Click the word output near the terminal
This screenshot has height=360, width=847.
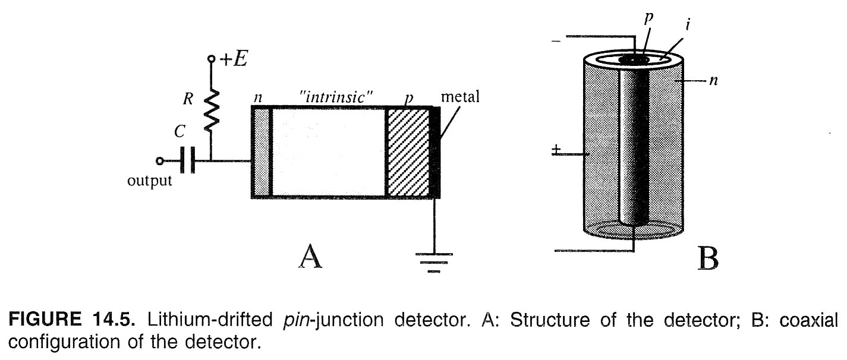coord(150,181)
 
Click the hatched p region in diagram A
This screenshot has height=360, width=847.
coord(408,152)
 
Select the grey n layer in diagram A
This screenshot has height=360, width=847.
coord(262,152)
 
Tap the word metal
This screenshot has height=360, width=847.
coord(459,97)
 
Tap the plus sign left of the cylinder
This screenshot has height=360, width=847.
coord(556,150)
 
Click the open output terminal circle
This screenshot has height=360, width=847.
coord(159,160)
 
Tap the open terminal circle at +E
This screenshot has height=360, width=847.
coord(210,60)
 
